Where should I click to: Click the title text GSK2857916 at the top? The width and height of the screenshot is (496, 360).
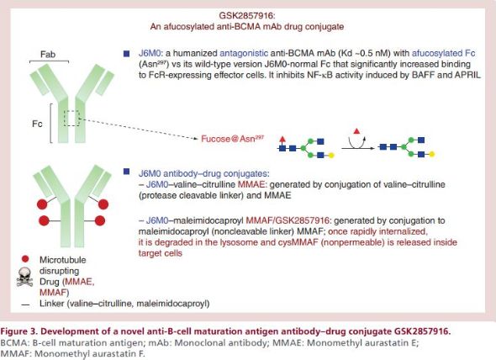pos(246,15)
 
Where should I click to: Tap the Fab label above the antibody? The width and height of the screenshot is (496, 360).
pos(48,55)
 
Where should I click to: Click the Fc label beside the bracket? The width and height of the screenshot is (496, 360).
pos(37,124)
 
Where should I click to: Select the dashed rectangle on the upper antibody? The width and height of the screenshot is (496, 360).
pos(71,118)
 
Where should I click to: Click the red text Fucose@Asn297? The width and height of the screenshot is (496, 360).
pos(233,139)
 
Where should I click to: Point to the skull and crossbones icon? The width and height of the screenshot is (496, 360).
pos(25,277)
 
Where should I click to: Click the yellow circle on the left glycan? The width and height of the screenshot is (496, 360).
pos(331,155)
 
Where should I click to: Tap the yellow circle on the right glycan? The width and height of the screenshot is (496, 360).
pos(431,154)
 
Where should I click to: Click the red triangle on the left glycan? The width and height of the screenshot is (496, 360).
pos(282,139)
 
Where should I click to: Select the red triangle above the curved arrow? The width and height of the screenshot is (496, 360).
pos(356,130)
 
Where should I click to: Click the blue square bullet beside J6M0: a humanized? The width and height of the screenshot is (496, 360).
pos(127,54)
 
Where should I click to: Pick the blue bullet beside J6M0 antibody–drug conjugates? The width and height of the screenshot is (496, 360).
pos(127,172)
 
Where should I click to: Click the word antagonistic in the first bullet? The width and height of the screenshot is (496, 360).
pos(244,53)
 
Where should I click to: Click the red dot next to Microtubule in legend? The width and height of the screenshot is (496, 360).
pos(25,259)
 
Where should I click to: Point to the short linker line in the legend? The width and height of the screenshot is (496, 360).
pos(25,304)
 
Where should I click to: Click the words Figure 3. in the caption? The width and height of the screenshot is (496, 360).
pos(18,331)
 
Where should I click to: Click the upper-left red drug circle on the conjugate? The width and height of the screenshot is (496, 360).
pos(42,204)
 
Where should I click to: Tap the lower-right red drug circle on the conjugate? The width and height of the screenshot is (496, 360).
pos(100,220)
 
